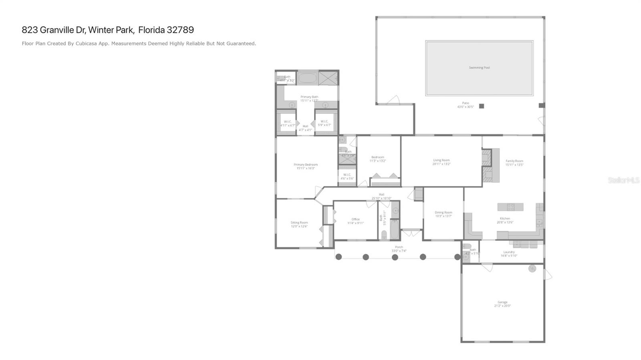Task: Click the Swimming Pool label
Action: coord(479,68)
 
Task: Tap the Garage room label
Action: coord(502,302)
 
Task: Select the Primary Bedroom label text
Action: coord(305,165)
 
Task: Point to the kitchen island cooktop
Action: coord(511,207)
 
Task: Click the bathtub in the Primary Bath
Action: coord(307,78)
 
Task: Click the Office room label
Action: coord(355,219)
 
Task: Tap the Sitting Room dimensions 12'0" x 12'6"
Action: coord(299,227)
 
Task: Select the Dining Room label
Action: coord(443,213)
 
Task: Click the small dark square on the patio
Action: coord(482,106)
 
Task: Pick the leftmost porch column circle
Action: coord(339,257)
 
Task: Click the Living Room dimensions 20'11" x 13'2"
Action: coord(441,164)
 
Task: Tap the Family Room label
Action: coord(514,161)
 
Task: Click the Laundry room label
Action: coord(509,252)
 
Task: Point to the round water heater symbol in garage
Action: coord(532,269)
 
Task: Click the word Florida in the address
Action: coord(151,30)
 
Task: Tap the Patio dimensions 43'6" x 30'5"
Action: coord(465,107)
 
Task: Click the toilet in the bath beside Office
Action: coord(384,235)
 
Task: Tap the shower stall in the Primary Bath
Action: coord(329,78)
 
